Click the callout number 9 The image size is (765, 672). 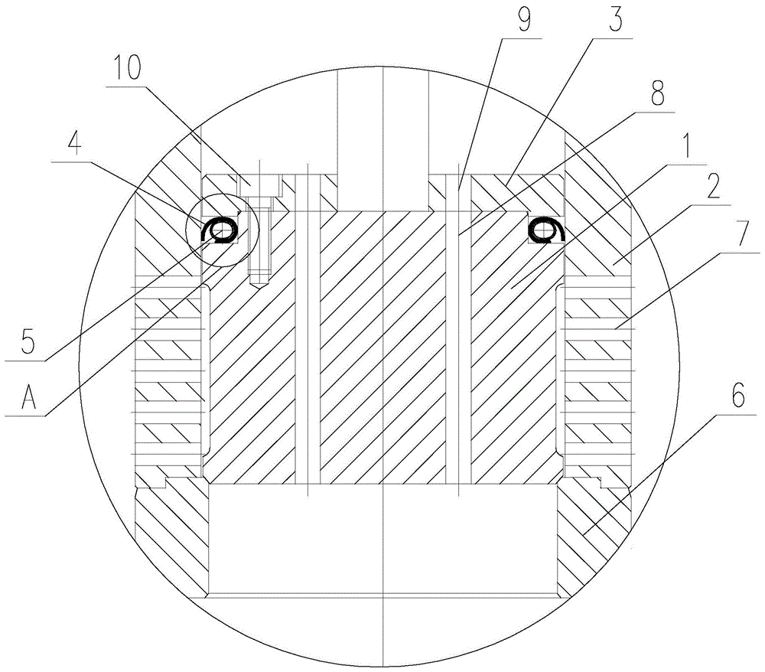[525, 18]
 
